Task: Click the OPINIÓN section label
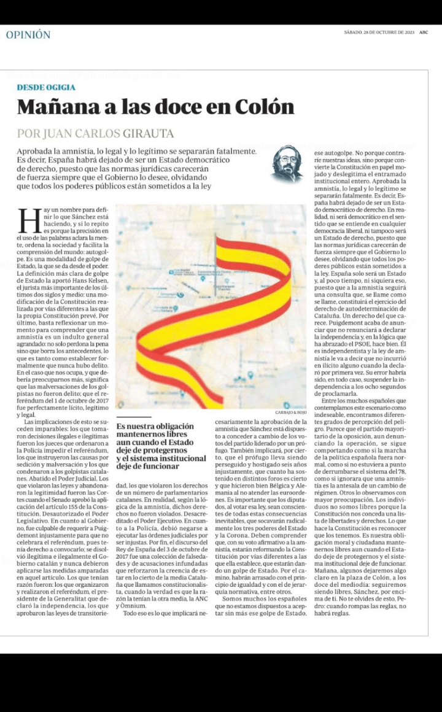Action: click(28, 35)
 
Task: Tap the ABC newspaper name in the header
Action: click(424, 34)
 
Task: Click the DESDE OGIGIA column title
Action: click(50, 87)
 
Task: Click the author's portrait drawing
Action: click(287, 163)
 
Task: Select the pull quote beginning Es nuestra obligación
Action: click(161, 446)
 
